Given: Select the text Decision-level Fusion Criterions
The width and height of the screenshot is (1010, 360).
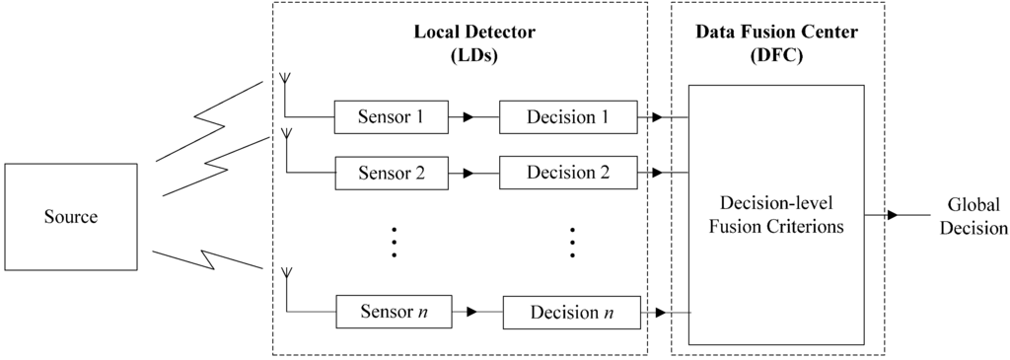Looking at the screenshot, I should click(x=776, y=216).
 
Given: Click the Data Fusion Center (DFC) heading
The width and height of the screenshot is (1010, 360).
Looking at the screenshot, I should click(x=776, y=42).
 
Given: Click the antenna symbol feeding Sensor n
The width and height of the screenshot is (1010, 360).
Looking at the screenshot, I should click(x=284, y=275).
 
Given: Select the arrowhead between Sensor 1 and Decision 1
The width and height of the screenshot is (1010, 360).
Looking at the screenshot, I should click(x=468, y=117).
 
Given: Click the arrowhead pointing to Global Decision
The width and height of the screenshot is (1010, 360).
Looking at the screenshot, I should click(x=892, y=214).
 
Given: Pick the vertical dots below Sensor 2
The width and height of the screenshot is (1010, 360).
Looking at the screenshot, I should click(x=394, y=242).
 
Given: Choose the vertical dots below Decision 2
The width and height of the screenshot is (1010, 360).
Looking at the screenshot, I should click(x=571, y=242).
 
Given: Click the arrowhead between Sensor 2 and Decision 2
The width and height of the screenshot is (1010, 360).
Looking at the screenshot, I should click(x=468, y=174).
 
